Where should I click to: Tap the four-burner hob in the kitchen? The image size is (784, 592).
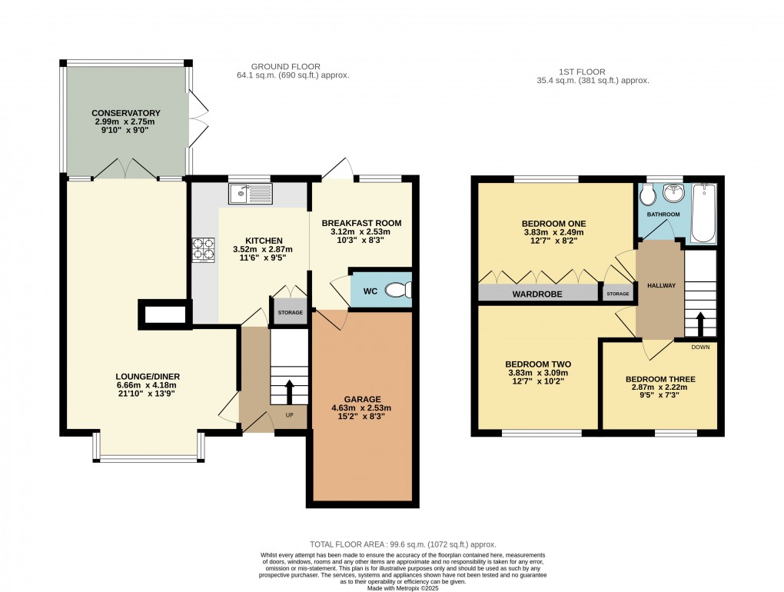[204, 248]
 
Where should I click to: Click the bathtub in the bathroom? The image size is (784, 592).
[703, 213]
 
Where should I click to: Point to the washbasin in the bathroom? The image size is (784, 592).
[657, 192]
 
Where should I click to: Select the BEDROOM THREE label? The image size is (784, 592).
[660, 379]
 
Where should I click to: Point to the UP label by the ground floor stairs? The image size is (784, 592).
[289, 415]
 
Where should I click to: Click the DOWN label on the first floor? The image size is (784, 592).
[700, 347]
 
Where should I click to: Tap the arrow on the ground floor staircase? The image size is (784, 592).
[289, 392]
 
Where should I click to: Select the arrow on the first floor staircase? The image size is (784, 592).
[700, 321]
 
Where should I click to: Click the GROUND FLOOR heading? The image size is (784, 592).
[286, 67]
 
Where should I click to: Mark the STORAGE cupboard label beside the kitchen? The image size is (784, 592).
[290, 313]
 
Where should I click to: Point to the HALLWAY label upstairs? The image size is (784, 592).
[660, 285]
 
